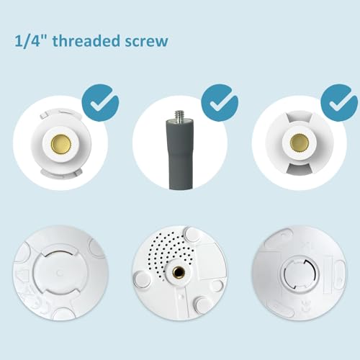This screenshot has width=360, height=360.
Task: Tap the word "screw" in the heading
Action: point(146,41)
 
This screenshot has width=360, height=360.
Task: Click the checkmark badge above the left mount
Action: point(100,102)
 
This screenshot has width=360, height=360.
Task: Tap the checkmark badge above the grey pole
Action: point(220,102)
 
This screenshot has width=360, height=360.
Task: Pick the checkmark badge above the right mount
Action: point(339,102)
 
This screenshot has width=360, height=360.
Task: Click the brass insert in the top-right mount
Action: point(300,143)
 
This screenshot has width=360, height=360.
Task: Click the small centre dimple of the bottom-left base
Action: point(60,273)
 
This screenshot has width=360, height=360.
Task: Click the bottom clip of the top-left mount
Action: point(62,174)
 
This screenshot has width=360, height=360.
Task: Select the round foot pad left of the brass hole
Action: point(142,279)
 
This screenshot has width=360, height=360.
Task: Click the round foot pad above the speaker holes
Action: point(192,234)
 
